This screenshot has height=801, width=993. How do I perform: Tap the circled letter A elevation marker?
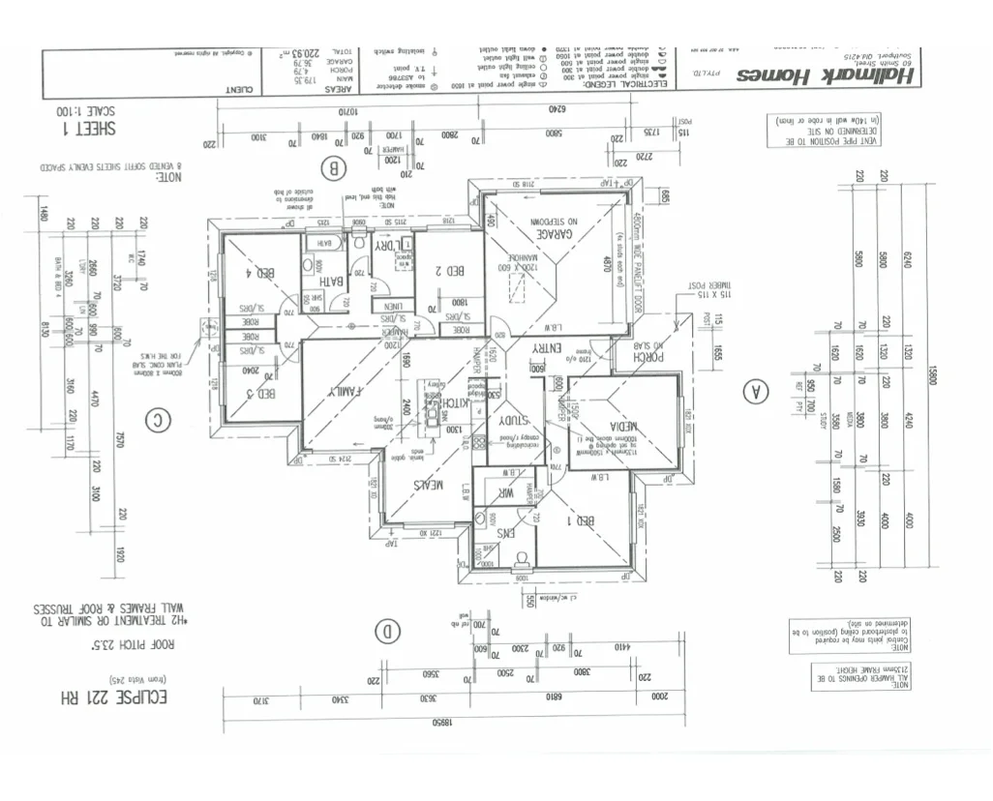click(754, 391)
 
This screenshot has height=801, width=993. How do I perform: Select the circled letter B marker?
click(335, 168)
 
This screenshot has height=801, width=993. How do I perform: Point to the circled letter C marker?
click(156, 420)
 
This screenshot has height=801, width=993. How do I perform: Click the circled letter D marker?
click(387, 633)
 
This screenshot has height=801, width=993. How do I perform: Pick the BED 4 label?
click(261, 273)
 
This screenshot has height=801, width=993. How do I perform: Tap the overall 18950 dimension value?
click(441, 722)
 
